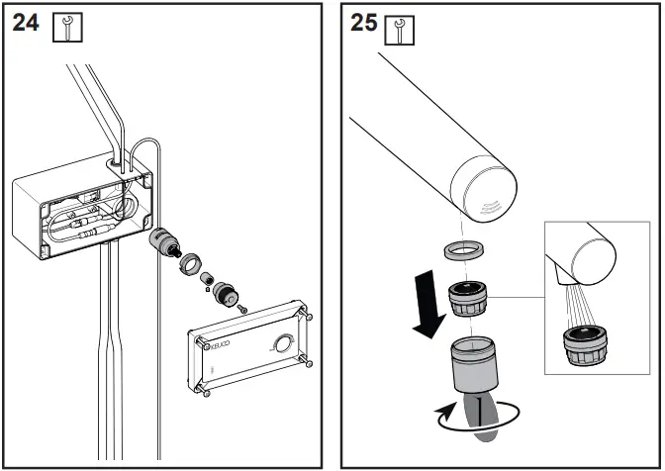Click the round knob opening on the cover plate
click(284, 345)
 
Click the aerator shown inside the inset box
click(584, 348)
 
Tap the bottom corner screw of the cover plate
click(209, 390)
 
